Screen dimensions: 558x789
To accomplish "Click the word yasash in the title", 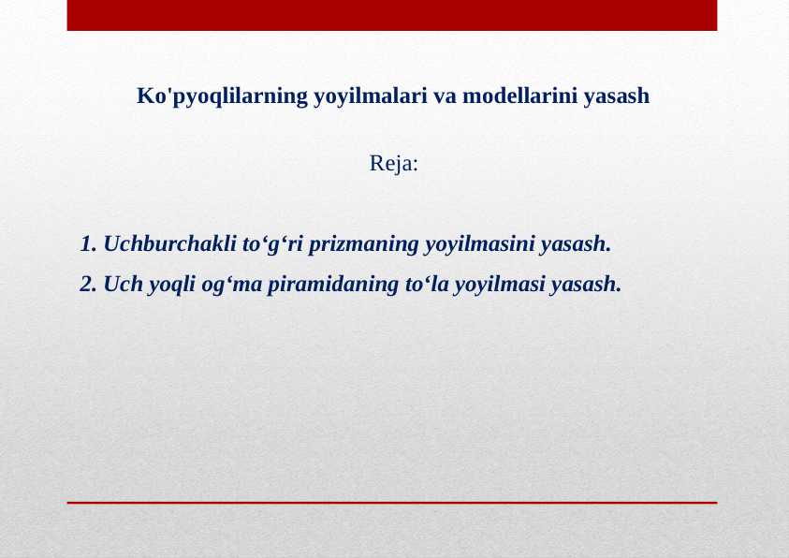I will click(x=617, y=96).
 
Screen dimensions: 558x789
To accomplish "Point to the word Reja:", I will click(x=394, y=164).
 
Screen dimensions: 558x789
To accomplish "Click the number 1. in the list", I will click(x=89, y=245).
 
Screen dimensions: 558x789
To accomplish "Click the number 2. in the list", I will click(x=89, y=284).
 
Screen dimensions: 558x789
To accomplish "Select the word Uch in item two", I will click(x=123, y=284).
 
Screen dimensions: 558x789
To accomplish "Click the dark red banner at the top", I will click(x=391, y=15).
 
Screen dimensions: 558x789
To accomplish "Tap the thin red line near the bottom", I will click(x=391, y=503).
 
